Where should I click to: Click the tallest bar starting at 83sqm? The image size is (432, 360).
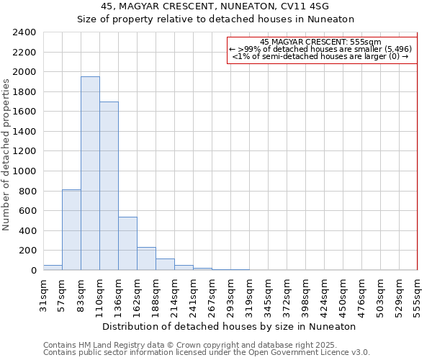90,173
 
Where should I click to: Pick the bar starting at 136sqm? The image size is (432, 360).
127,243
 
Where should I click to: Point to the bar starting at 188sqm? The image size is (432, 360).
165,264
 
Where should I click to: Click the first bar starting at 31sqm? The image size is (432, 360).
53,268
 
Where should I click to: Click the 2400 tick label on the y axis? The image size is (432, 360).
24,32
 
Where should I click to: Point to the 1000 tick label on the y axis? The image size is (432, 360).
24,171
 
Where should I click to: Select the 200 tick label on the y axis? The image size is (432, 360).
27,251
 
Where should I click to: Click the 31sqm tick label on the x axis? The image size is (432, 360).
43,292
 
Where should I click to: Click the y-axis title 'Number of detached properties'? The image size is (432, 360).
6,152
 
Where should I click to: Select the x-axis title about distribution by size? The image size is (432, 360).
229,326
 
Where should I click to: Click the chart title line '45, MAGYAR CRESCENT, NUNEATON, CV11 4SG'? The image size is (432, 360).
215,6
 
